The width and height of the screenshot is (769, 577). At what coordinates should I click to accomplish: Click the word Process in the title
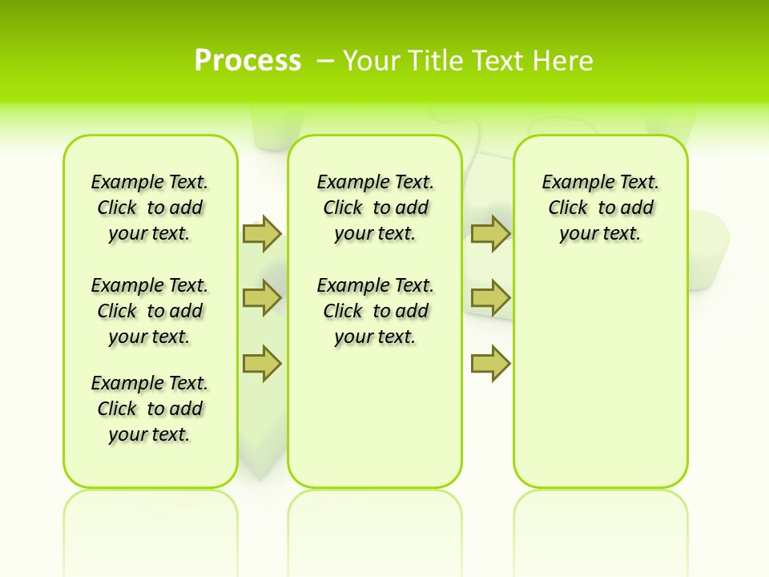pyautogui.click(x=248, y=61)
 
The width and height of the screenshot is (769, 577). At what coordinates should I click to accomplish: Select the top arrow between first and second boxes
pyautogui.click(x=261, y=233)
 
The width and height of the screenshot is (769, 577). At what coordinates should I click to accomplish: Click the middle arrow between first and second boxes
pyautogui.click(x=261, y=298)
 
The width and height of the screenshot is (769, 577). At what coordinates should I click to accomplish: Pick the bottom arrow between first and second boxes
pyautogui.click(x=261, y=364)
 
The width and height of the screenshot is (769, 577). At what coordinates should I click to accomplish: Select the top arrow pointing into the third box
pyautogui.click(x=490, y=233)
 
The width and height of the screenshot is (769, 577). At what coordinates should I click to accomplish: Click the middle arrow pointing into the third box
pyautogui.click(x=490, y=298)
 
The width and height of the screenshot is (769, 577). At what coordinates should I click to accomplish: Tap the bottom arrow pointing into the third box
pyautogui.click(x=490, y=364)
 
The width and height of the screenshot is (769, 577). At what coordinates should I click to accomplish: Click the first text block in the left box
pyautogui.click(x=150, y=208)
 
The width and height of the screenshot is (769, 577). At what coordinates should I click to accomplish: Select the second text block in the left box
pyautogui.click(x=150, y=311)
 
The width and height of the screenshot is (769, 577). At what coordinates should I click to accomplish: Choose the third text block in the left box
pyautogui.click(x=150, y=409)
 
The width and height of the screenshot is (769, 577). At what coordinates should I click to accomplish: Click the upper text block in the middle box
pyautogui.click(x=375, y=208)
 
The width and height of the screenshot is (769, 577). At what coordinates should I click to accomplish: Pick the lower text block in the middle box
pyautogui.click(x=375, y=311)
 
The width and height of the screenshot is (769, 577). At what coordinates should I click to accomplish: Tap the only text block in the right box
pyautogui.click(x=600, y=208)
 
